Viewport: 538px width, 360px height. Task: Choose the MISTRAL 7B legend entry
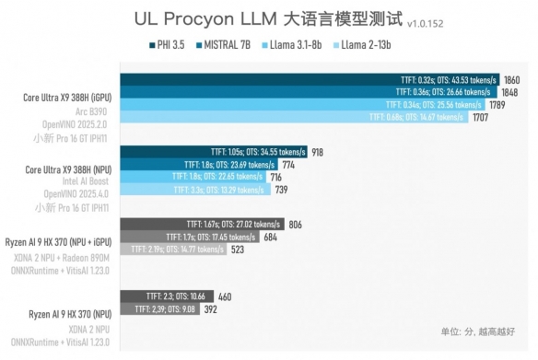226,44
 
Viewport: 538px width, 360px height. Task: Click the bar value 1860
513,80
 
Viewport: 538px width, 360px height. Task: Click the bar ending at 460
167,296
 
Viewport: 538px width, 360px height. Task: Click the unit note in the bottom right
478,331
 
